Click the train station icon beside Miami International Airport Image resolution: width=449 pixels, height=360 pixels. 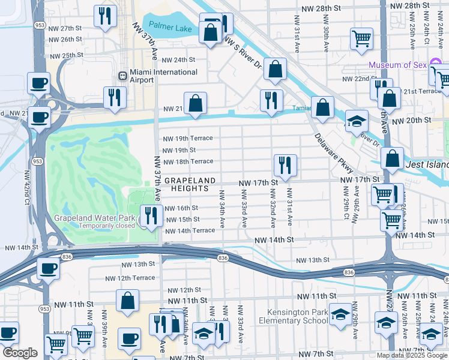[x=123, y=76]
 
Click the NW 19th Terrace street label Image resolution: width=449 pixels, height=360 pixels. [x=188, y=139]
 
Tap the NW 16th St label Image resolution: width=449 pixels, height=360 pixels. [x=181, y=208]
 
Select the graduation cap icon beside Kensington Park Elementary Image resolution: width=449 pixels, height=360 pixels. [x=340, y=314]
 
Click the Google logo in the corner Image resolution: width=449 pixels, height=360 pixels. [x=20, y=353]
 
